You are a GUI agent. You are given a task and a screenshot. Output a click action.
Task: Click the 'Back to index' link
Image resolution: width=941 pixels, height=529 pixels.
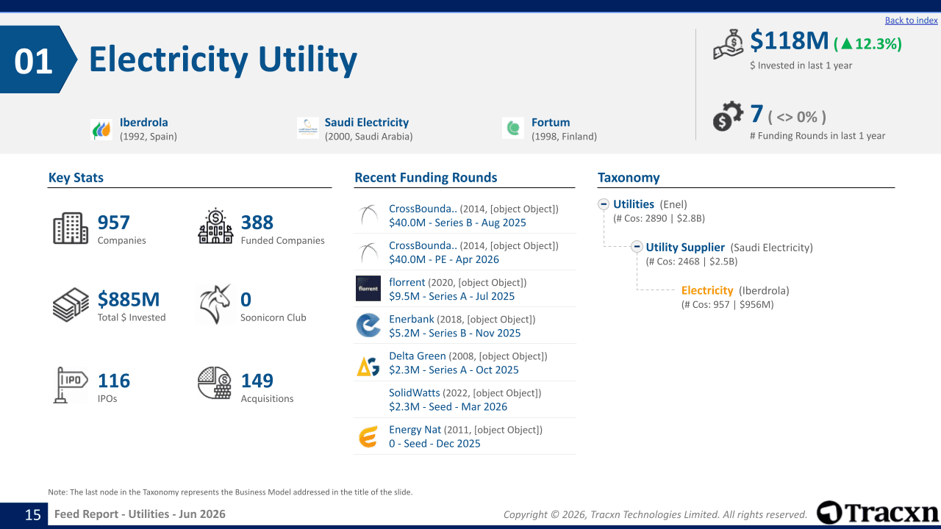[x=911, y=20]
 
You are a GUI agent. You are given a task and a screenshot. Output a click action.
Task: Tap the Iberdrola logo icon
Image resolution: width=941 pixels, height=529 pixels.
[x=101, y=129]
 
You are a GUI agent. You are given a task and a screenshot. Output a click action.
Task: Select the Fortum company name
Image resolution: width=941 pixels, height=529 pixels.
[x=551, y=122]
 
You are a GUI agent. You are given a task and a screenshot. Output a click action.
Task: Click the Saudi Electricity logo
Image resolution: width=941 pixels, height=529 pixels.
[x=308, y=128]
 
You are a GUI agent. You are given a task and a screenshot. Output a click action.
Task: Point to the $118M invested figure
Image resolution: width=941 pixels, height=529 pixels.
[x=789, y=40]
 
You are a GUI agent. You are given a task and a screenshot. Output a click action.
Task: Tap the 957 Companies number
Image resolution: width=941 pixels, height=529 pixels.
[x=113, y=223]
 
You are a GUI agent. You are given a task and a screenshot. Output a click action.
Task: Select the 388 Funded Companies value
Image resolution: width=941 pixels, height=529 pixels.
[x=257, y=223]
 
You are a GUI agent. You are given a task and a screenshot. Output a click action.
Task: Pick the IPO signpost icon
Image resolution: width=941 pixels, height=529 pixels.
[x=70, y=385]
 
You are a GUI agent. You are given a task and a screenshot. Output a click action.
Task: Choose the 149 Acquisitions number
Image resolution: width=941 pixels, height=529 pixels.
[x=257, y=381]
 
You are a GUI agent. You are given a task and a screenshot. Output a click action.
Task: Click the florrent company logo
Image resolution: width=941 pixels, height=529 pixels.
[x=368, y=289]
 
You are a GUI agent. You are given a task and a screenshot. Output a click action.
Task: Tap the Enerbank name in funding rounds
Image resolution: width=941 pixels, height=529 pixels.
[x=411, y=319]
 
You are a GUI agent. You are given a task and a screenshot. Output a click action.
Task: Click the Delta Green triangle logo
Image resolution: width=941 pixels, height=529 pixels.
[x=368, y=365]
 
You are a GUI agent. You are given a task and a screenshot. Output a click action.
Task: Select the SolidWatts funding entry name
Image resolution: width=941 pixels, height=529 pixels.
[x=414, y=392]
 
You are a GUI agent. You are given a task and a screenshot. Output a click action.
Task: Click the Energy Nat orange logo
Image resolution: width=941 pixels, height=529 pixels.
[x=368, y=437]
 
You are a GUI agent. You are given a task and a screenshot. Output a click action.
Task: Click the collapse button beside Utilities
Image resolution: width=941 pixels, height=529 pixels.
[x=604, y=204]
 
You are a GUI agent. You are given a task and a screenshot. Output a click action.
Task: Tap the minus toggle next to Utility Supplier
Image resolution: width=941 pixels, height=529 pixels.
[x=637, y=246]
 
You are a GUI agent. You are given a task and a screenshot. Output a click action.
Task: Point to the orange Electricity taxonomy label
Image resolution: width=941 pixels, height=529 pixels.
[x=707, y=290]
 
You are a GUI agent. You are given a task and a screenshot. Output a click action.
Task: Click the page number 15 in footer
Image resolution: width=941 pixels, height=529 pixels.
[x=33, y=515]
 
